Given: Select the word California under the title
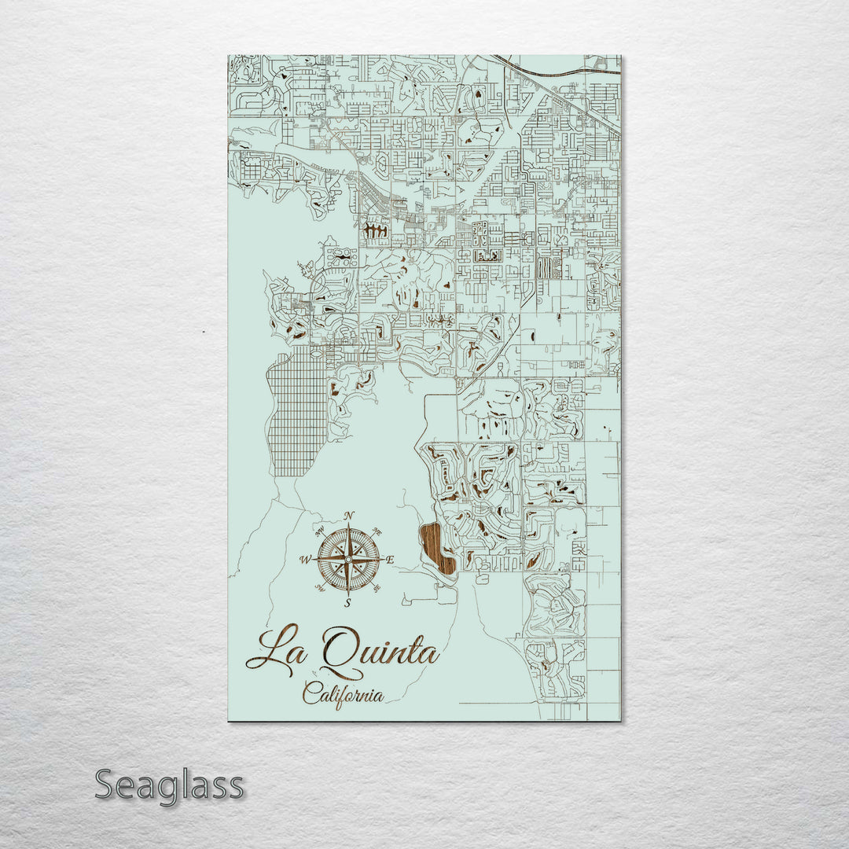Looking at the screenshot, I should click(x=344, y=694).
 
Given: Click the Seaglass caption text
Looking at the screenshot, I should click(x=169, y=785).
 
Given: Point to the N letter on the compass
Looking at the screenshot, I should click(x=349, y=516).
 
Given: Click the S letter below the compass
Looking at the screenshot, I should click(x=347, y=603).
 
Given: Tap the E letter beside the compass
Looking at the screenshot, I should click(x=390, y=560).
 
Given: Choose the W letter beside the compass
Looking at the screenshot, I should click(x=305, y=560).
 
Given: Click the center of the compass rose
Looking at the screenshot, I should click(x=347, y=559).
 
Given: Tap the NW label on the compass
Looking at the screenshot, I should click(x=320, y=532).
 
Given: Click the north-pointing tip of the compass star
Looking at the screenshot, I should click(x=347, y=525).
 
